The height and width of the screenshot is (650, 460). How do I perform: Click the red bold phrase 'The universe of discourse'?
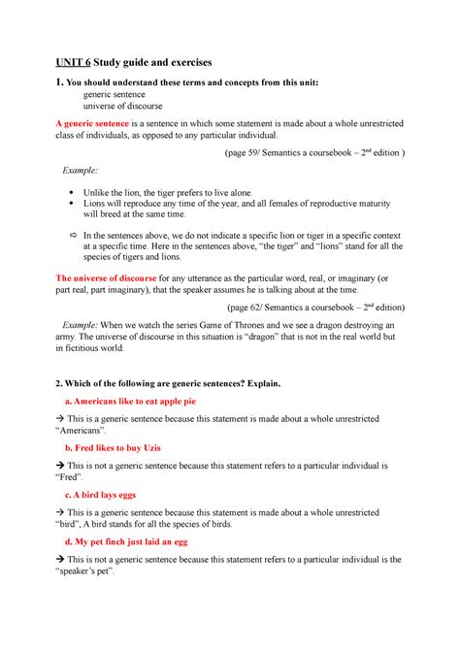tap(92, 277)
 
